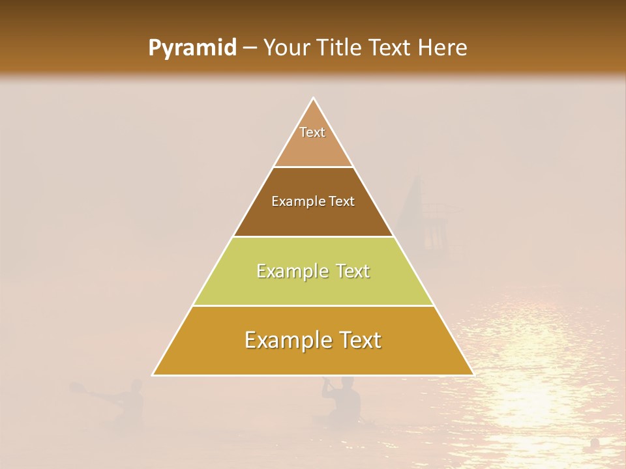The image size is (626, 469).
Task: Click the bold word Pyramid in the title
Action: pos(192,48)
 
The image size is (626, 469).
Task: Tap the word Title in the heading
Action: pos(340,48)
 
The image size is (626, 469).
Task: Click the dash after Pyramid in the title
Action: pos(249,48)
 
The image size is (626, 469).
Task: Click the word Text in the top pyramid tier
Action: pos(312,132)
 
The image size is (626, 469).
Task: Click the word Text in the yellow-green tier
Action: pos(353,271)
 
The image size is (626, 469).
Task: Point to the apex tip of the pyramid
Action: pos(313,98)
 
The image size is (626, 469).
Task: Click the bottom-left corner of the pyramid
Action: pos(153,375)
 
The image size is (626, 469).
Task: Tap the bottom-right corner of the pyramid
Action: pos(473,375)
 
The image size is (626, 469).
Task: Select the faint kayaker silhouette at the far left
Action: pos(130,404)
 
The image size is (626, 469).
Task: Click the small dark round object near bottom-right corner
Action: pos(595,443)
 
